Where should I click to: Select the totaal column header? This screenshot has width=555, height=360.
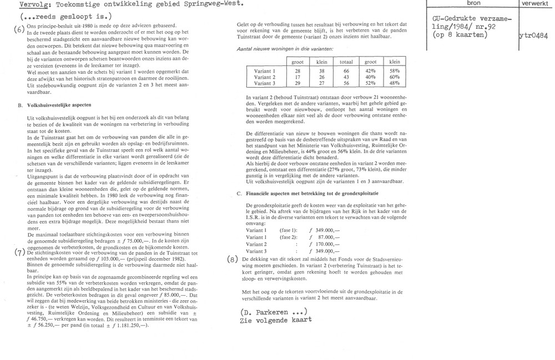346,62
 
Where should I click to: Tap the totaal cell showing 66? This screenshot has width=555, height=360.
346,71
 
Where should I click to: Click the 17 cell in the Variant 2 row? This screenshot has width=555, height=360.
297,77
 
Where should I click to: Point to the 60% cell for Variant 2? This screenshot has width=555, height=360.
395,77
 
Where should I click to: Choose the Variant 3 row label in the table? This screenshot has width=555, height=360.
264,83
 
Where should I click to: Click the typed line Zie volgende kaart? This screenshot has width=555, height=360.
275,320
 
